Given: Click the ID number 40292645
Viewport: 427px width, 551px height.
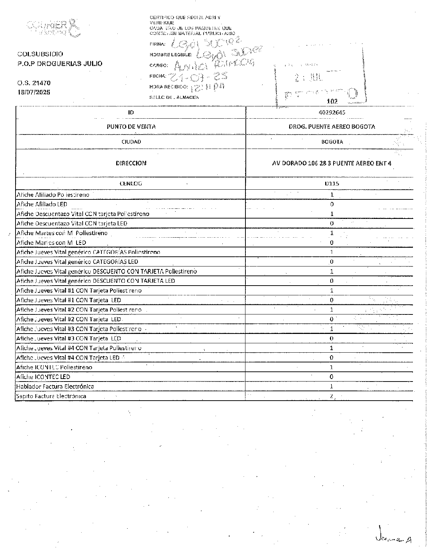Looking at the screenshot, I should click(332, 112).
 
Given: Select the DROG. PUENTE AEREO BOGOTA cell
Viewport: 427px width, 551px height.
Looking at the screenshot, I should click(332, 127).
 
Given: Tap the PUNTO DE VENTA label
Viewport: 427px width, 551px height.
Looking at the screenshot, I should click(131, 127).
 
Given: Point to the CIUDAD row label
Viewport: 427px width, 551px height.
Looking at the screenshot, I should click(131, 142).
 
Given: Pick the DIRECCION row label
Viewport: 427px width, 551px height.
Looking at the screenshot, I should click(131, 163).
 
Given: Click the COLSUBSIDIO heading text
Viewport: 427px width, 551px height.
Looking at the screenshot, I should click(40, 54).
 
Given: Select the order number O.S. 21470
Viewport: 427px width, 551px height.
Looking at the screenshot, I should click(34, 83).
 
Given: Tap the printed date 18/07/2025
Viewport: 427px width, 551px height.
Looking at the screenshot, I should click(34, 92).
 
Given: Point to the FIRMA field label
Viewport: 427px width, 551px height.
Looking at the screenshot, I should click(157, 44).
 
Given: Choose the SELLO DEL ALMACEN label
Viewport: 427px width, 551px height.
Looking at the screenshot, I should click(174, 97).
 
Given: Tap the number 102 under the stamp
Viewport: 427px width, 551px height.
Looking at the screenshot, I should click(332, 102).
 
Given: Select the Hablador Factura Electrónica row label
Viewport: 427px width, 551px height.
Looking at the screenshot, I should click(55, 386).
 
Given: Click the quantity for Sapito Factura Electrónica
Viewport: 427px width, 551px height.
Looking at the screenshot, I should click(332, 396).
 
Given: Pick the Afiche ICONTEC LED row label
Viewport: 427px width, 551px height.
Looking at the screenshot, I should click(43, 377).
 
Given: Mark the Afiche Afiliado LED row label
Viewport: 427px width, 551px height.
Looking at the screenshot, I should click(42, 204).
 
